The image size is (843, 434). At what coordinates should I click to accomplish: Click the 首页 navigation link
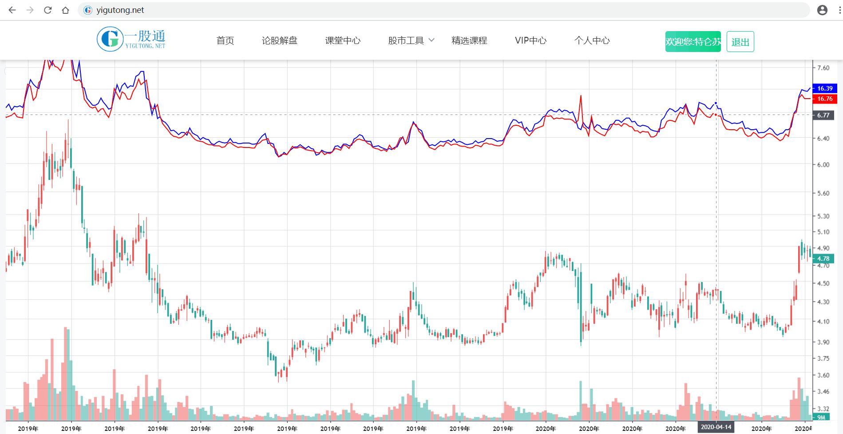tap(225, 41)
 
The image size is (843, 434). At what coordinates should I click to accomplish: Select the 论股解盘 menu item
tap(279, 41)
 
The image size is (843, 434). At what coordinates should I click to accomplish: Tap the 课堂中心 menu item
tap(343, 41)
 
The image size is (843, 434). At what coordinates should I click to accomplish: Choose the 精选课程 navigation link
tap(469, 41)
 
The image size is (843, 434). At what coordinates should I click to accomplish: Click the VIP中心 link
tap(530, 41)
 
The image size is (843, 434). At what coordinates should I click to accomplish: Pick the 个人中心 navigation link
tap(592, 41)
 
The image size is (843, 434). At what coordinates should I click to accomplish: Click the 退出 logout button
tap(740, 42)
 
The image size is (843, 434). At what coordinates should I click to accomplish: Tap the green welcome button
tap(693, 42)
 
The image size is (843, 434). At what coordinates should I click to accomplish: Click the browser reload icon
tap(48, 10)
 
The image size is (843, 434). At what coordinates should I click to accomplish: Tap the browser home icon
tap(66, 10)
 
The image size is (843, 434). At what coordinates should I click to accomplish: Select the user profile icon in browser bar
tap(822, 10)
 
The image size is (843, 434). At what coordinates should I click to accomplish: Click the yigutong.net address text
tap(120, 10)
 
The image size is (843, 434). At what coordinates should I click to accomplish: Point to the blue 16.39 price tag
tap(824, 88)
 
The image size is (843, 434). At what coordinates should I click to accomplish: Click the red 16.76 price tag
tap(824, 99)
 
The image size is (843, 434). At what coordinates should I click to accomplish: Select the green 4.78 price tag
tap(823, 259)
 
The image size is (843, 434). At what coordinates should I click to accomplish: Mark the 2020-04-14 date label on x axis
tap(716, 427)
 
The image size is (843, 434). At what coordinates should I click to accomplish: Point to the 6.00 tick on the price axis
tap(823, 165)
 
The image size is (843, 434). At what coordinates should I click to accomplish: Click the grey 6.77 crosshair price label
tap(823, 115)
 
